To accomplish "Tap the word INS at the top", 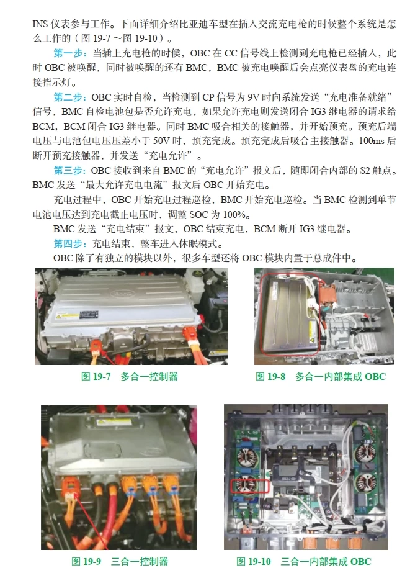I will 40,25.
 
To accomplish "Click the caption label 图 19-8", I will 272,376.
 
